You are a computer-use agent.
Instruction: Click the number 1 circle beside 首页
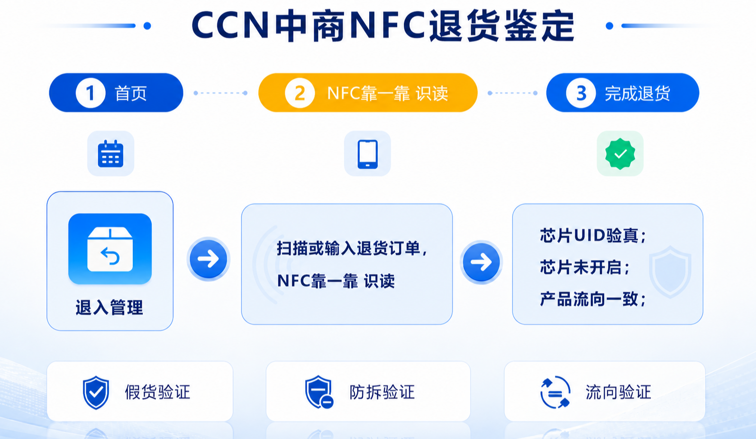click(x=91, y=93)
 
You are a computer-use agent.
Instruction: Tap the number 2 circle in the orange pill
click(x=300, y=93)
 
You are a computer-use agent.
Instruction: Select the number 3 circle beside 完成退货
click(x=581, y=93)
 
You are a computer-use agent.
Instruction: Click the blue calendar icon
click(x=111, y=154)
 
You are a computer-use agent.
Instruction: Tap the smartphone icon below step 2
click(x=367, y=154)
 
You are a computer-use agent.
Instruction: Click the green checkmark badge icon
click(x=620, y=154)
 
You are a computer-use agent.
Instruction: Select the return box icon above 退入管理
click(x=110, y=249)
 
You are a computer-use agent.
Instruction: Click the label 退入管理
click(x=109, y=308)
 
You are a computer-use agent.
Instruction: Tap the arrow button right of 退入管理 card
click(x=209, y=259)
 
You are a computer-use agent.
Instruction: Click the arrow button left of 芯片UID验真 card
click(x=481, y=262)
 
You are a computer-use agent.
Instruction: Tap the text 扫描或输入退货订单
click(x=349, y=249)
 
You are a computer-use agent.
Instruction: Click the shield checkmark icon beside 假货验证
click(x=96, y=392)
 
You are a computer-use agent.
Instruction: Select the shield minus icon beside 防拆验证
click(x=319, y=392)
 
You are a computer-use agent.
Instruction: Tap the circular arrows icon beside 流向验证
click(x=555, y=392)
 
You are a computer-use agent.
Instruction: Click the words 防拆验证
click(x=382, y=392)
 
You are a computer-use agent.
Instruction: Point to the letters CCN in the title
click(x=230, y=26)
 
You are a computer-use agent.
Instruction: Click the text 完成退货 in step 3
click(x=638, y=93)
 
